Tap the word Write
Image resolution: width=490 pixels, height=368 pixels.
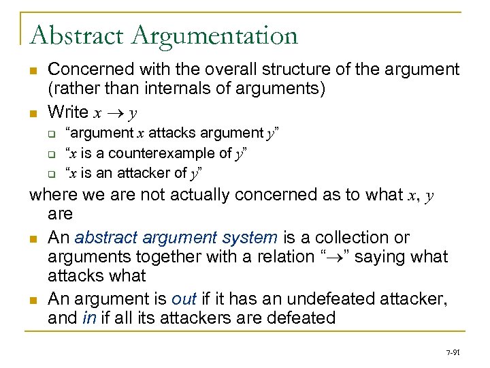click(x=68, y=112)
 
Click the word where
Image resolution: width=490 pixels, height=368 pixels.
click(x=53, y=195)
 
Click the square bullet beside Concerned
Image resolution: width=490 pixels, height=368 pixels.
click(x=33, y=70)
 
